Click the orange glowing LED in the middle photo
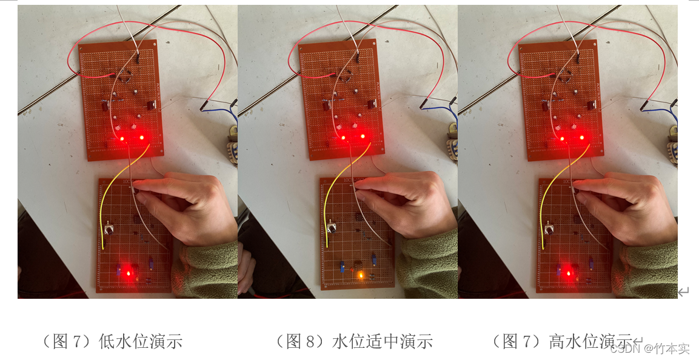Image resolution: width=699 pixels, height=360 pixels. (x=360, y=275)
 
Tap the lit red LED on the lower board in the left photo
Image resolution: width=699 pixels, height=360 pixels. (x=129, y=273)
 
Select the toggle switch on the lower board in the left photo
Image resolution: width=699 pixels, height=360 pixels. (x=109, y=230)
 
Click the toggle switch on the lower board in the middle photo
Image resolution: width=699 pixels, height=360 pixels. (x=332, y=227)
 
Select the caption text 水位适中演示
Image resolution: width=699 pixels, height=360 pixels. (x=383, y=341)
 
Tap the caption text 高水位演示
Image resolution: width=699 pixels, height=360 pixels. (x=590, y=341)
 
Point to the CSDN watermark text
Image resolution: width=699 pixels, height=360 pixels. (x=649, y=348)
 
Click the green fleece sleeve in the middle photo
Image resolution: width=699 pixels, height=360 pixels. (x=429, y=263)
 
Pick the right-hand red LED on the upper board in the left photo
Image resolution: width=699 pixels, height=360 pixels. (x=142, y=137)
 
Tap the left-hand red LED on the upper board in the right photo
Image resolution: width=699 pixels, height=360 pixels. (x=562, y=139)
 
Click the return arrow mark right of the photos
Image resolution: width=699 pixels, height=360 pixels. (x=683, y=292)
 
